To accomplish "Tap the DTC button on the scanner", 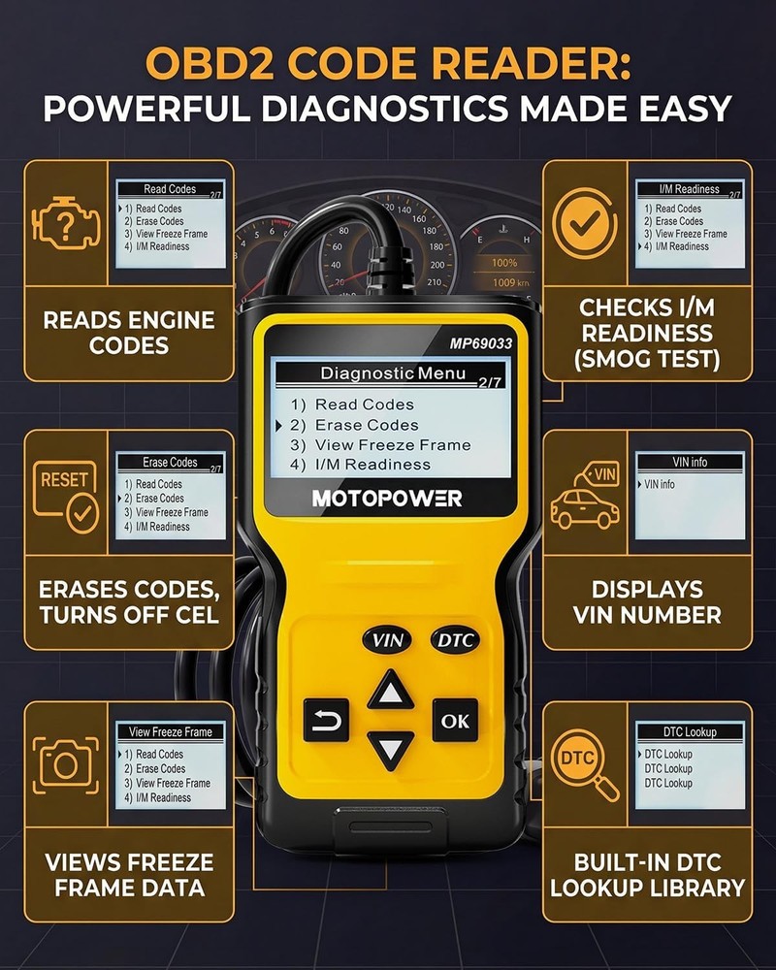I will pyautogui.click(x=455, y=640).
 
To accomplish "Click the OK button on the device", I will pyautogui.click(x=455, y=721).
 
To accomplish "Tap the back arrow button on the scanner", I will pyautogui.click(x=326, y=721).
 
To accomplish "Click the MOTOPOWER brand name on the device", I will pyautogui.click(x=387, y=499).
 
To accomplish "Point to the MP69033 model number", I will pyautogui.click(x=480, y=342).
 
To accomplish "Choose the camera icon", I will pyautogui.click(x=66, y=763).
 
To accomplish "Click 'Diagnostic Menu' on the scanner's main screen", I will pyautogui.click(x=393, y=373).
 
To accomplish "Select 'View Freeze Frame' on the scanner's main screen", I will pyautogui.click(x=393, y=445).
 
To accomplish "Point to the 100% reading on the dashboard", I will pyautogui.click(x=503, y=263).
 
